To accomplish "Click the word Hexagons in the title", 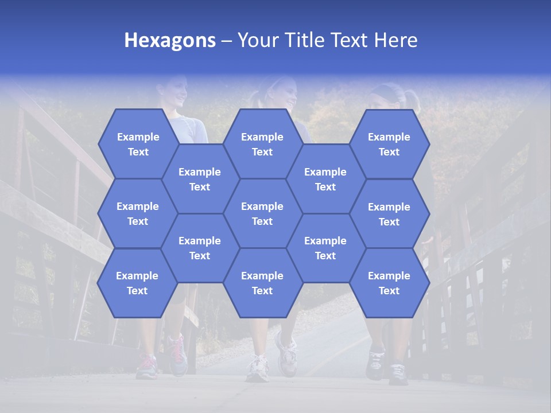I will pyautogui.click(x=170, y=40).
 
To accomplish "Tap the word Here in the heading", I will pyautogui.click(x=395, y=40).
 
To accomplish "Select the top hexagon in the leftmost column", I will pyautogui.click(x=138, y=144).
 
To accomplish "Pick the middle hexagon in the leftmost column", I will pyautogui.click(x=138, y=213).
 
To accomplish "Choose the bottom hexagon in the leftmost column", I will pyautogui.click(x=137, y=283).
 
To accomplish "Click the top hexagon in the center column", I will pyautogui.click(x=262, y=144).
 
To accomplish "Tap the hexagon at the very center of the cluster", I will pyautogui.click(x=262, y=213).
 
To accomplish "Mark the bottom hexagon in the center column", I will pyautogui.click(x=262, y=283).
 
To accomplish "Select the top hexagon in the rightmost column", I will pyautogui.click(x=389, y=144).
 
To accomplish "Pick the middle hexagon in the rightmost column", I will pyautogui.click(x=389, y=214).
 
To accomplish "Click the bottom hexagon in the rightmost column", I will pyautogui.click(x=389, y=283).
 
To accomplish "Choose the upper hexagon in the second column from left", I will pyautogui.click(x=200, y=179).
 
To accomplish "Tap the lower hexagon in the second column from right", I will pyautogui.click(x=325, y=248).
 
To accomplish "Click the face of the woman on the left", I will pyautogui.click(x=178, y=92).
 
